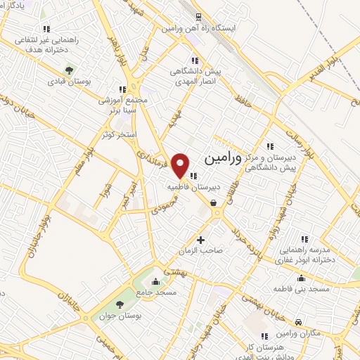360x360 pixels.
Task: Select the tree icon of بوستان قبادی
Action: (x=70, y=70)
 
